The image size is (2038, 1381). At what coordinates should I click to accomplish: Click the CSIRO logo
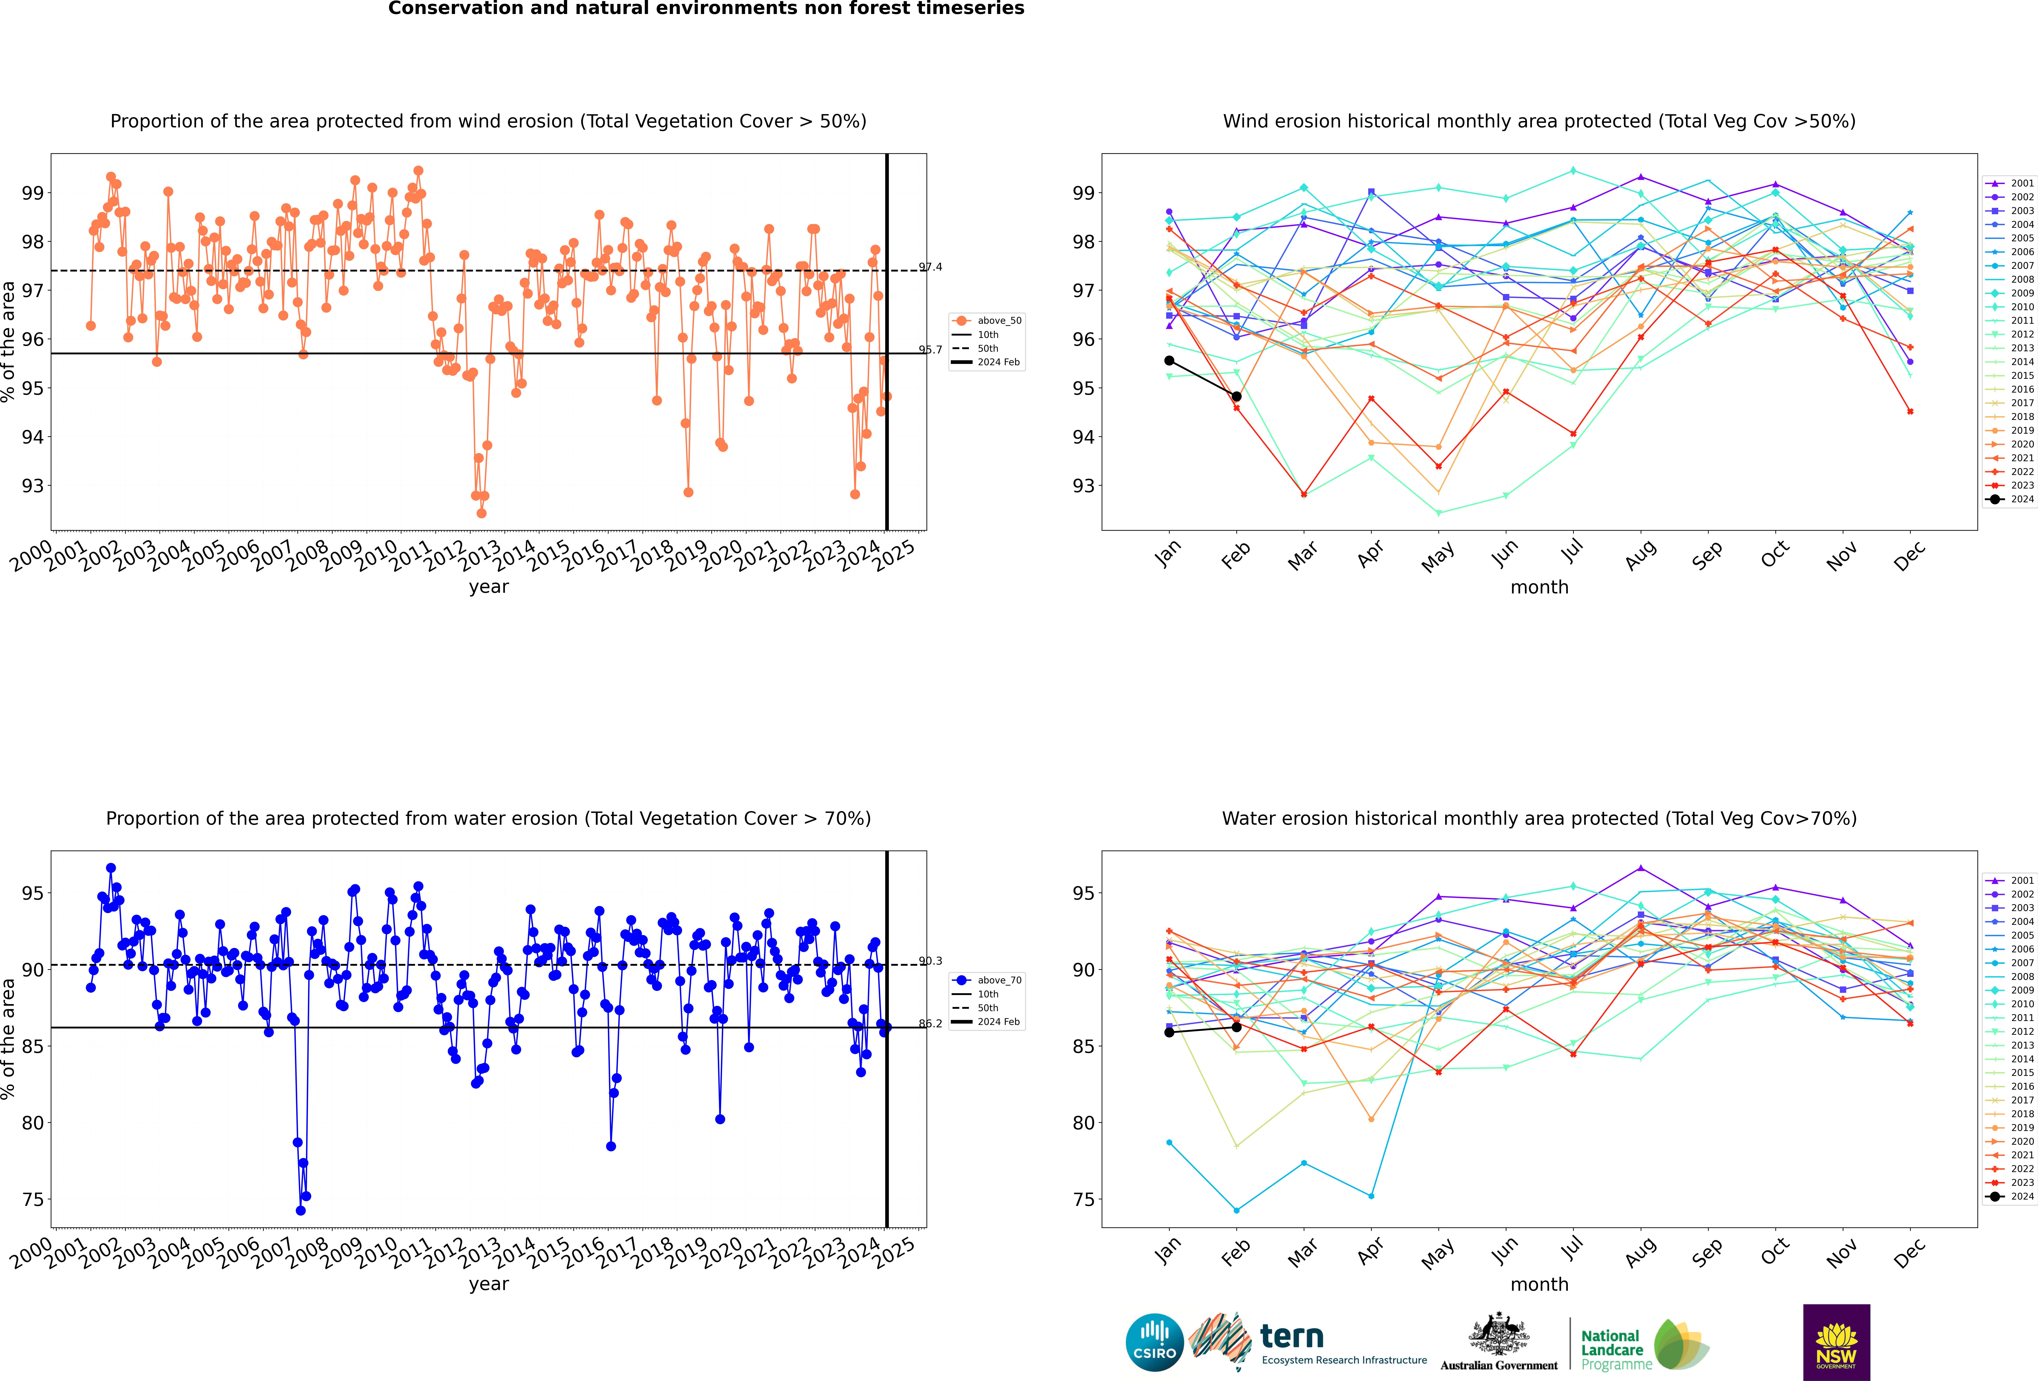pos(1154,1342)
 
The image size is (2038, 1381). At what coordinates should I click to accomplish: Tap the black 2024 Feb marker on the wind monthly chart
pos(1237,396)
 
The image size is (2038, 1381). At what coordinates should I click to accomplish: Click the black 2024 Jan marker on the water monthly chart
pos(1169,1032)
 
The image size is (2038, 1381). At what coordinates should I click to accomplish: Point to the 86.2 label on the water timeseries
pos(930,1023)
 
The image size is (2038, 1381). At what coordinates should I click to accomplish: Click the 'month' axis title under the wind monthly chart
pos(1539,588)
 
